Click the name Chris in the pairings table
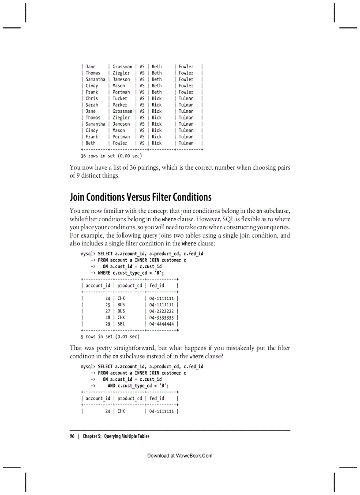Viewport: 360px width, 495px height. (x=92, y=99)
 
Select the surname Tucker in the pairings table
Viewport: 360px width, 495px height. (x=120, y=99)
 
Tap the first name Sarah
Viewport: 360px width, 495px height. (x=92, y=105)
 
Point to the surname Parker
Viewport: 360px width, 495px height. (x=120, y=105)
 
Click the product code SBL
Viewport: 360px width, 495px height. (x=121, y=324)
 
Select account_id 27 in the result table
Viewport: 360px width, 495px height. (x=108, y=311)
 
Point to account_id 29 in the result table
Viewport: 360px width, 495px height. (x=108, y=324)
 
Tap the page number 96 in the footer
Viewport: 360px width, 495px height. (x=72, y=436)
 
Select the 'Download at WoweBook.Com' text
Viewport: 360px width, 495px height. (x=180, y=456)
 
